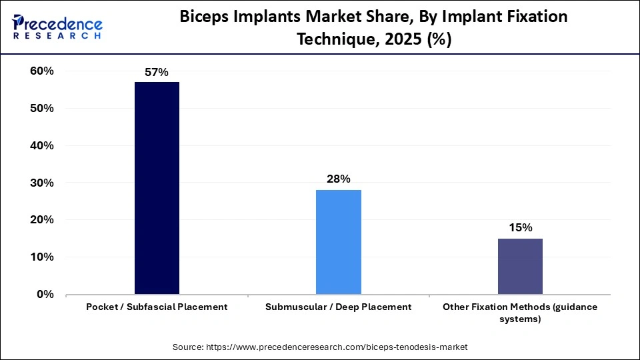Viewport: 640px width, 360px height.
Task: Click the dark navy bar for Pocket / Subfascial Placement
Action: coord(157,188)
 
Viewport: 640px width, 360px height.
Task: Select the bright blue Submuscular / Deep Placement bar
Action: coord(338,242)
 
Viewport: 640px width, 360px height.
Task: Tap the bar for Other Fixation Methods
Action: coord(520,266)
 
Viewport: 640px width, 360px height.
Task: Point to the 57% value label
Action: coord(157,72)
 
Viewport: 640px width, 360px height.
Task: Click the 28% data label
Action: coord(338,179)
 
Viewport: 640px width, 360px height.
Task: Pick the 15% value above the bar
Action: coord(520,227)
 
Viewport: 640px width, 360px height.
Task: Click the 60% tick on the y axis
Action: coord(41,71)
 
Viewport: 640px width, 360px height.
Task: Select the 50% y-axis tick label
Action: coord(41,109)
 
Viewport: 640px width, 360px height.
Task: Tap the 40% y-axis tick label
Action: coord(41,145)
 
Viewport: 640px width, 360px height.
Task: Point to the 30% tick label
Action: coord(41,183)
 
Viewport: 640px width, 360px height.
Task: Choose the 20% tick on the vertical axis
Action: coord(41,220)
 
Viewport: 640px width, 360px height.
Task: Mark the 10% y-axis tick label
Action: coord(41,257)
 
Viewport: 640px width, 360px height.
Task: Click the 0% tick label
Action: coord(44,294)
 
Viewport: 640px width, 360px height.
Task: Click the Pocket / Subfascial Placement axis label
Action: coord(157,307)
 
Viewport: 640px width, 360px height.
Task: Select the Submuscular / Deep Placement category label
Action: coord(338,307)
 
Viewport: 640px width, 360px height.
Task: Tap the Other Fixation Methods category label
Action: coord(520,313)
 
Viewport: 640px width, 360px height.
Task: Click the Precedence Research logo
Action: coord(57,27)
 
